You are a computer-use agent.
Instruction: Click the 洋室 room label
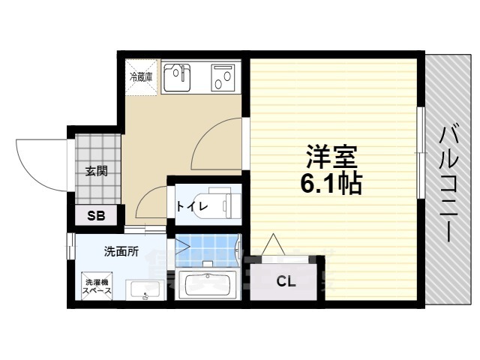click(331, 157)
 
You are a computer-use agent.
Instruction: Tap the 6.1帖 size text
click(331, 182)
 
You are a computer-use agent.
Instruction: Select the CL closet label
click(286, 281)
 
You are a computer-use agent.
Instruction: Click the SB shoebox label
click(96, 216)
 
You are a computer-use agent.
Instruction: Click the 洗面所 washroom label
click(121, 252)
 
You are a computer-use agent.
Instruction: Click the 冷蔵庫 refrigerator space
click(142, 77)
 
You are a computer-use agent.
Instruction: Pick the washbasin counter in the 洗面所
click(144, 289)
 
